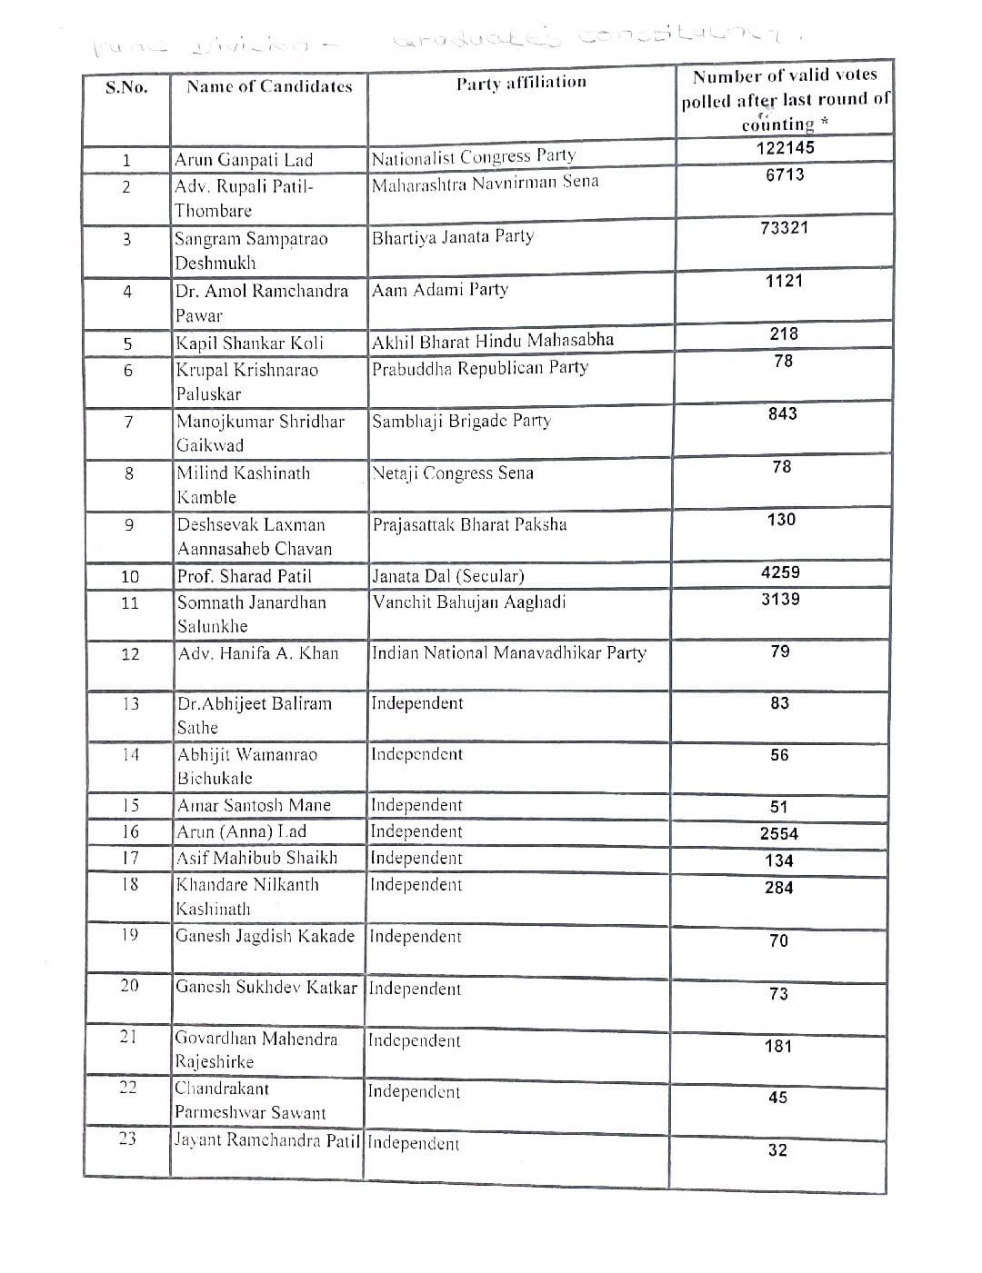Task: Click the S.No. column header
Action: pyautogui.click(x=126, y=87)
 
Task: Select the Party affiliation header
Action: pyautogui.click(x=521, y=83)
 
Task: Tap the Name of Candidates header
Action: pyautogui.click(x=269, y=86)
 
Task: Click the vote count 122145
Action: pyautogui.click(x=785, y=147)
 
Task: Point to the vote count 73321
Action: pyautogui.click(x=784, y=228)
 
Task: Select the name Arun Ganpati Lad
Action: pyautogui.click(x=243, y=160)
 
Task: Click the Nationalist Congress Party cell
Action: pyautogui.click(x=474, y=157)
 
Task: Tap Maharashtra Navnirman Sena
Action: pyautogui.click(x=486, y=182)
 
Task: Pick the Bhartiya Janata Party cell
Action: pyautogui.click(x=453, y=237)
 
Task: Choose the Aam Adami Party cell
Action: pyautogui.click(x=440, y=290)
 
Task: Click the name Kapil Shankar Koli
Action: pyautogui.click(x=249, y=343)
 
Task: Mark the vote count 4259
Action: pyautogui.click(x=780, y=572)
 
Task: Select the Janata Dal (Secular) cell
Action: pyautogui.click(x=448, y=576)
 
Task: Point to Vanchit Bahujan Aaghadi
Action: pyautogui.click(x=469, y=602)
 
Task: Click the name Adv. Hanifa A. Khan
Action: pyautogui.click(x=257, y=652)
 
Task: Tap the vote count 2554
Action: pyautogui.click(x=779, y=833)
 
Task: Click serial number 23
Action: pyautogui.click(x=127, y=1138)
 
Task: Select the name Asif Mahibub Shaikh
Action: pyautogui.click(x=256, y=858)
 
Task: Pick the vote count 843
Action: pyautogui.click(x=782, y=413)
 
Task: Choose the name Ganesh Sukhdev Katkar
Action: pyautogui.click(x=266, y=988)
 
